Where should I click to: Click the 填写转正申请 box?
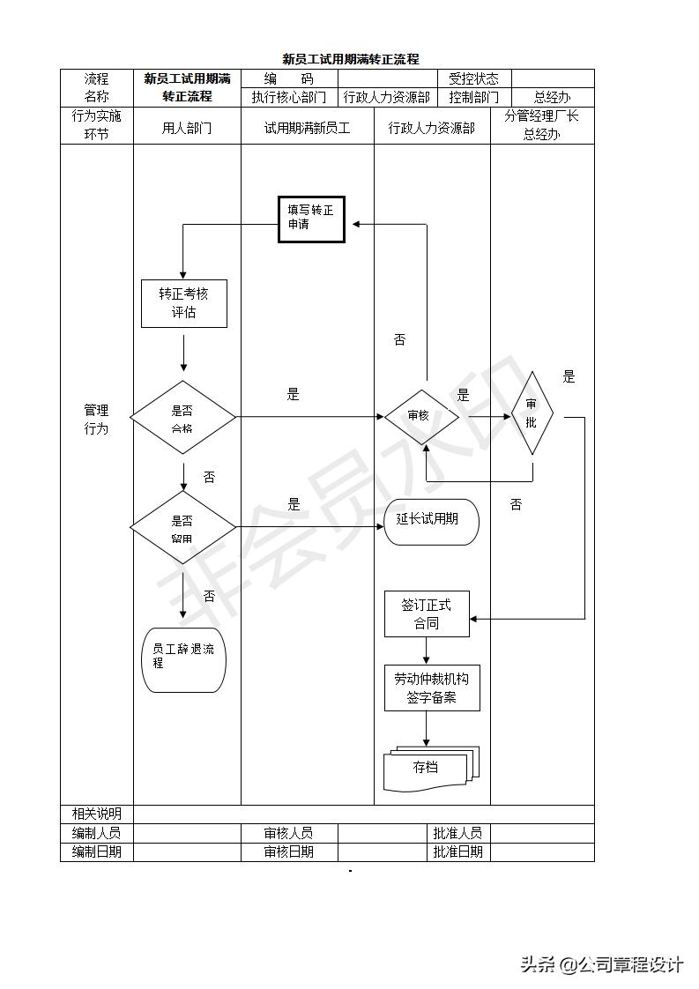click(x=311, y=219)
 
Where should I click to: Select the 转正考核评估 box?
click(x=184, y=303)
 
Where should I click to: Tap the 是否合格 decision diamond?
click(x=183, y=418)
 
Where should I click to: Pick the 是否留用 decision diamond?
click(x=183, y=528)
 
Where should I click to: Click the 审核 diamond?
click(x=420, y=417)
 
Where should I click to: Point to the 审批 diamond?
click(x=532, y=413)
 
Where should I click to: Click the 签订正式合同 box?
click(x=427, y=613)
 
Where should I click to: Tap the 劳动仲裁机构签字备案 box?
click(x=432, y=688)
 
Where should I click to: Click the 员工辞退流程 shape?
click(x=183, y=659)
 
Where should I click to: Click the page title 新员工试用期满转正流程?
click(x=350, y=59)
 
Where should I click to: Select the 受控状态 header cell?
click(x=473, y=78)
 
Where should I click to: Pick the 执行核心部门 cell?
click(x=288, y=97)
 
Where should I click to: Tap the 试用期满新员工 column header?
click(x=307, y=128)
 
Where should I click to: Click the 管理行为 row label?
click(x=96, y=419)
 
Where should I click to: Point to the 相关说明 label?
click(x=96, y=814)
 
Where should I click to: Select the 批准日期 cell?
click(x=457, y=851)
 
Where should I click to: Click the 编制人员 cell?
click(x=96, y=832)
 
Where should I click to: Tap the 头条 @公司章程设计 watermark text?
click(x=601, y=964)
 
